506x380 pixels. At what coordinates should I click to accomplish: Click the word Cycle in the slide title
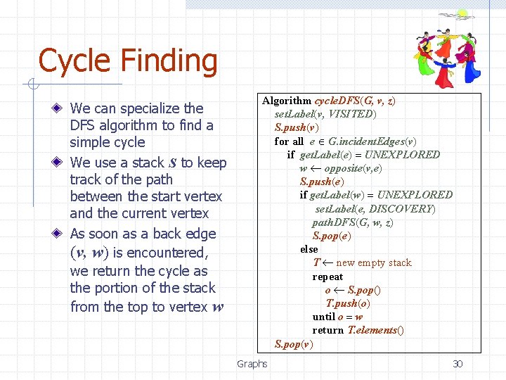pyautogui.click(x=72, y=61)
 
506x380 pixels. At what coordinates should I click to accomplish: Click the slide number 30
pyautogui.click(x=458, y=364)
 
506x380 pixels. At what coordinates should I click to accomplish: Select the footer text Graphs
pyautogui.click(x=252, y=364)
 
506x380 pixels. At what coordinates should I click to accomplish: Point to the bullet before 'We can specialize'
pyautogui.click(x=61, y=108)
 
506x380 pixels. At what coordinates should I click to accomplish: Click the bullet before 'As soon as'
pyautogui.click(x=61, y=234)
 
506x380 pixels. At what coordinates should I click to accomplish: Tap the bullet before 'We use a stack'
pyautogui.click(x=61, y=163)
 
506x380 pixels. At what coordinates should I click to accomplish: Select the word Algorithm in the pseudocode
pyautogui.click(x=287, y=101)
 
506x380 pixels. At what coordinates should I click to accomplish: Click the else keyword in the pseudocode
pyautogui.click(x=309, y=249)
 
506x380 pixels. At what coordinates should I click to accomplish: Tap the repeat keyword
pyautogui.click(x=327, y=277)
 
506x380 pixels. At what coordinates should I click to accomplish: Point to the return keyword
pyautogui.click(x=328, y=330)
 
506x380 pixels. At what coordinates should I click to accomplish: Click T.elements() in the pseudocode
pyautogui.click(x=376, y=330)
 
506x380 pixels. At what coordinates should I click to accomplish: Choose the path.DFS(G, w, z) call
pyautogui.click(x=353, y=222)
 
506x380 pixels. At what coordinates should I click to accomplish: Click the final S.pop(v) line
pyautogui.click(x=294, y=344)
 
